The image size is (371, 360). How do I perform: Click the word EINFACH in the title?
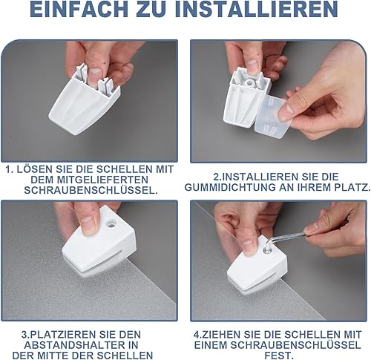(79, 10)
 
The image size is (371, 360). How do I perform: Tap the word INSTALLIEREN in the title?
(256, 10)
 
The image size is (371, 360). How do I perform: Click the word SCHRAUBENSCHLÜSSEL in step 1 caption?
(91, 190)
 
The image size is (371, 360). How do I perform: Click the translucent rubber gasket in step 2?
(272, 117)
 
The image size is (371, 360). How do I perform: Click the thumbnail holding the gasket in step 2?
(286, 112)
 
